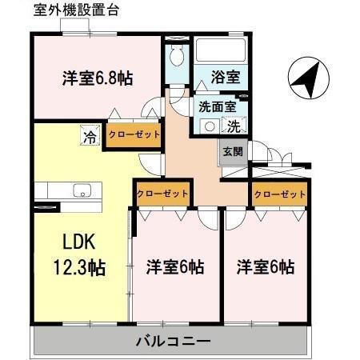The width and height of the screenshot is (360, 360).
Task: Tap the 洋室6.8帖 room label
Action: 98,78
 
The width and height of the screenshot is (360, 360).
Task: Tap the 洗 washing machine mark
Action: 234,126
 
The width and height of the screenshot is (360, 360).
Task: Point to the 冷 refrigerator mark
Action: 90,137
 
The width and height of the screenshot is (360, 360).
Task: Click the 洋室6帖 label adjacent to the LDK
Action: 174,266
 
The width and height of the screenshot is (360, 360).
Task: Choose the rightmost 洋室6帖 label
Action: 264,266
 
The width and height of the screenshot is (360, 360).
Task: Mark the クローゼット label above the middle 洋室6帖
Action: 162,194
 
